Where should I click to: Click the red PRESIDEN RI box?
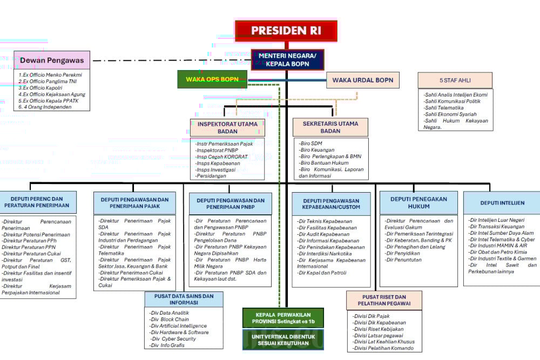point(286,31)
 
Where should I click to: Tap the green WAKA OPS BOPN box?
point(212,79)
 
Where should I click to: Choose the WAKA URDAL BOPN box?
point(362,80)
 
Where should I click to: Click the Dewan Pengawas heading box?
point(52,60)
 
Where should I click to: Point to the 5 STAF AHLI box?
point(455,80)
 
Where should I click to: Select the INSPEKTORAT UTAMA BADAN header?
point(227,127)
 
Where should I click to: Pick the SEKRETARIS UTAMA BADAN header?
point(330,127)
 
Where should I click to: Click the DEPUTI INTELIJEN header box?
point(502,203)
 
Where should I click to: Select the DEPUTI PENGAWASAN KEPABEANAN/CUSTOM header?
point(331,204)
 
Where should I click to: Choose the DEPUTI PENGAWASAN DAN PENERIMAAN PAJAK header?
point(134,203)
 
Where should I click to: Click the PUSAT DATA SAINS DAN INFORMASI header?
point(184,300)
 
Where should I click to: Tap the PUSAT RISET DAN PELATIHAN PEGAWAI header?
point(384,300)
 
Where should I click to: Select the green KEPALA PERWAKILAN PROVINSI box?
point(283,318)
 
